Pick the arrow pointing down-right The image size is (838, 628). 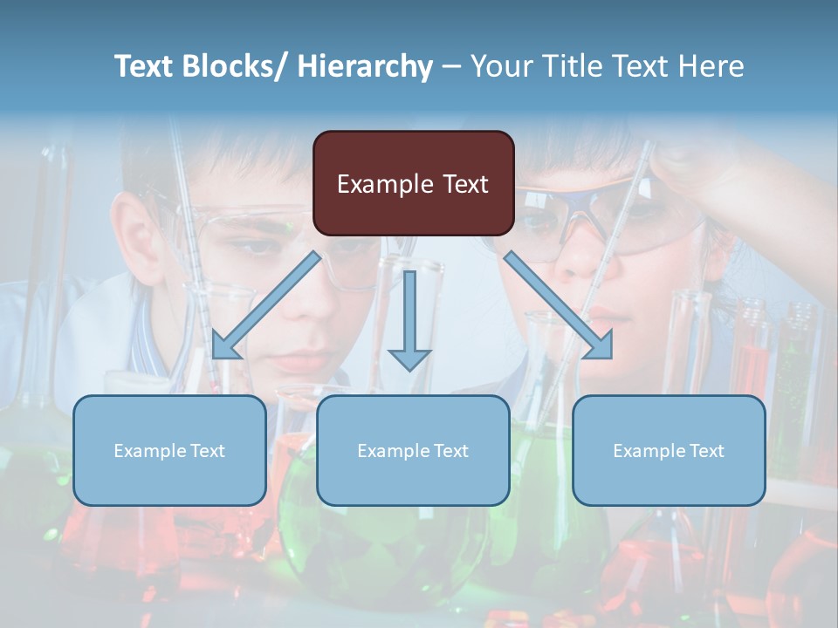tap(559, 306)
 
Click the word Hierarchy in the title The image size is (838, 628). tap(365, 66)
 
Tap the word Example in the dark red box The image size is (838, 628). tap(385, 184)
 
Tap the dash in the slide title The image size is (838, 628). tap(451, 67)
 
